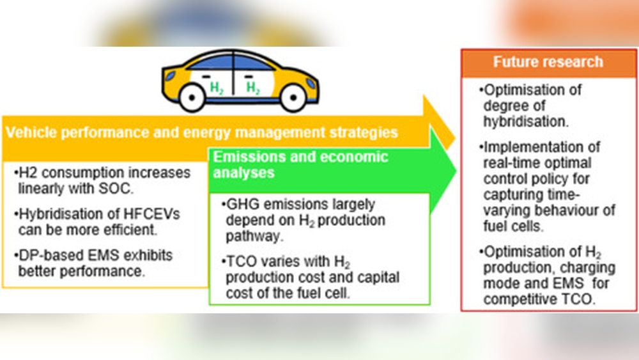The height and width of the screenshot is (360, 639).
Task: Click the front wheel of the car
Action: click(x=292, y=97)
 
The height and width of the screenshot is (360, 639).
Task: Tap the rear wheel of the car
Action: click(x=191, y=97)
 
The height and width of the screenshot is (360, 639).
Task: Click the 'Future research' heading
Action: click(x=548, y=62)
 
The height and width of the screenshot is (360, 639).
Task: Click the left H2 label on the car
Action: click(x=217, y=88)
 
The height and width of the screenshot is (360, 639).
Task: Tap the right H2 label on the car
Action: click(x=254, y=88)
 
